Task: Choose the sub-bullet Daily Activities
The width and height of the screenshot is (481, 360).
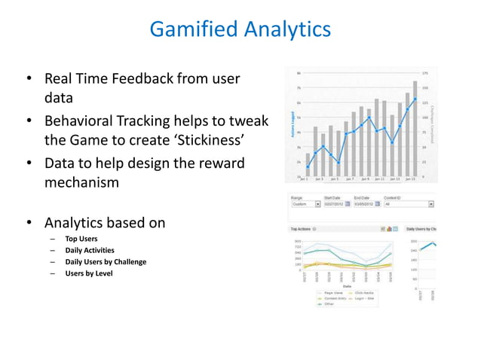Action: (90, 250)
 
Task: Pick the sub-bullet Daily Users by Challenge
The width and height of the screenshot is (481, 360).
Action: (106, 261)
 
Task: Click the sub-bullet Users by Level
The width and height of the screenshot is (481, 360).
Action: (88, 273)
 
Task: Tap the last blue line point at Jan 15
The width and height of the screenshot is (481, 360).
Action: (415, 99)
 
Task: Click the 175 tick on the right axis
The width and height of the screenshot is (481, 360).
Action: (426, 73)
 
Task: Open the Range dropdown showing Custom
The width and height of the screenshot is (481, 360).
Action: (317, 203)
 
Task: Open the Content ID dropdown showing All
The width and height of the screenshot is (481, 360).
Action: (430, 203)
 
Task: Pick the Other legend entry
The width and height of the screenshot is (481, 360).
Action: (327, 304)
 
